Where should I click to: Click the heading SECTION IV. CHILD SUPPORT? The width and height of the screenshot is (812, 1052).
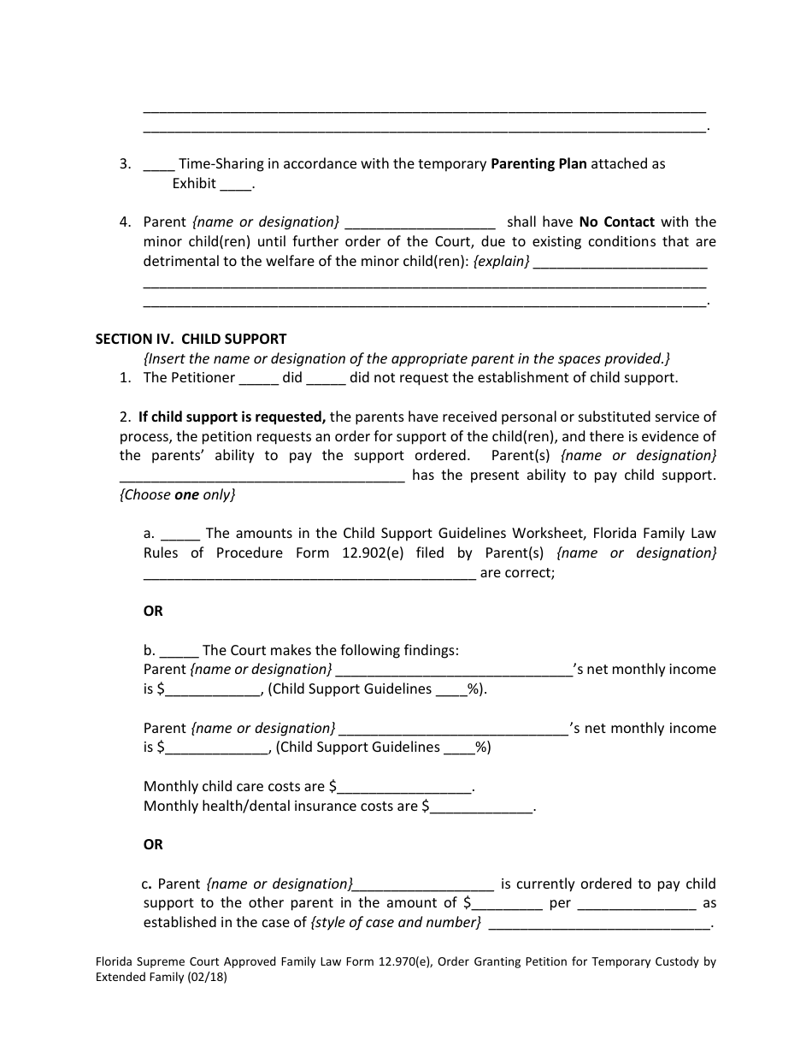click(191, 339)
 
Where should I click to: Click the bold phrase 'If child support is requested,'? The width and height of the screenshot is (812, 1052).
click(232, 417)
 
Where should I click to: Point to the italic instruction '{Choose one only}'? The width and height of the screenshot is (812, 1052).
click(177, 494)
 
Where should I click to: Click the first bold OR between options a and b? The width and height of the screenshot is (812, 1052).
click(153, 611)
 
